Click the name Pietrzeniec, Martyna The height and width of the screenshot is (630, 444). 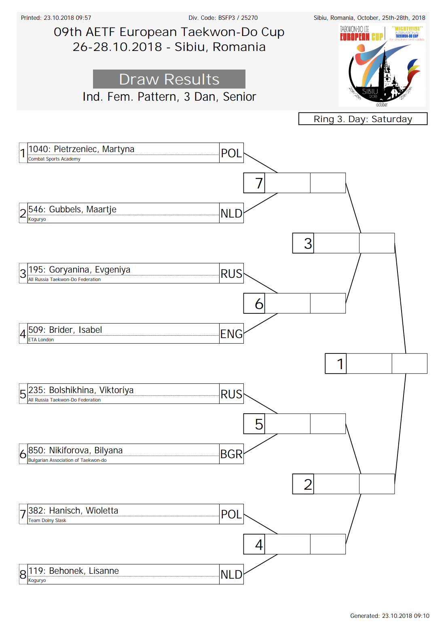click(94, 149)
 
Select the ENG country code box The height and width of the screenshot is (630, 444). click(231, 333)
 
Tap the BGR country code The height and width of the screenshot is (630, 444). click(231, 454)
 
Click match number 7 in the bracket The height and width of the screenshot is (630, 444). click(258, 183)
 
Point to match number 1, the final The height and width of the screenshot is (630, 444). click(340, 364)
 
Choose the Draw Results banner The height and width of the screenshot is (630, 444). click(169, 79)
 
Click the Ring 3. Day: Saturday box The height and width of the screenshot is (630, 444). click(363, 119)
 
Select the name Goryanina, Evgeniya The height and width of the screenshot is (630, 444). click(89, 269)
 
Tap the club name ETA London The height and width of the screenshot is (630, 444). click(41, 340)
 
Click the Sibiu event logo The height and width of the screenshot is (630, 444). click(382, 65)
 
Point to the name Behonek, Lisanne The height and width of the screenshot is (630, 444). click(84, 571)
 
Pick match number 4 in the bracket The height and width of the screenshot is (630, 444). click(259, 545)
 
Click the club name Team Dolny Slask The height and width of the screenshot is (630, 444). click(47, 520)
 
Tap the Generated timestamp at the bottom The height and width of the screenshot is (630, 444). click(390, 616)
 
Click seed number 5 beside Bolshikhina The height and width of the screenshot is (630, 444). click(23, 394)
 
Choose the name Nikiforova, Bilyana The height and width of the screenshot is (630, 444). click(86, 450)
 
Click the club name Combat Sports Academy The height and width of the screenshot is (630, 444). click(54, 159)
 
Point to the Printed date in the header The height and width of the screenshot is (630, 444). click(56, 18)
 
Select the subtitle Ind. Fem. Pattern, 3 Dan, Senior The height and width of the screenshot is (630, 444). click(169, 97)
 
